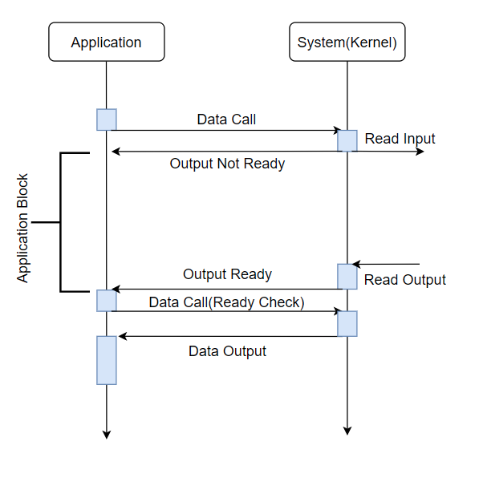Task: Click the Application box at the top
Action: coord(107,42)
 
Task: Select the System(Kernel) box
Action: coord(347,42)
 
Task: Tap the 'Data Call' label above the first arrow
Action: coord(226,119)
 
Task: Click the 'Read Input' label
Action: coord(400,139)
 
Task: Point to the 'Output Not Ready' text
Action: coord(227,164)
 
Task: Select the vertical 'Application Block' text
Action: coord(22,228)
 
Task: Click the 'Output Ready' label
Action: coord(227,274)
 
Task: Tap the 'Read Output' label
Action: coord(405,280)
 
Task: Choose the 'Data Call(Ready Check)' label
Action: coord(227,302)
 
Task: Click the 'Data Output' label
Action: coord(227,351)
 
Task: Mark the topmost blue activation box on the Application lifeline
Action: coord(107,119)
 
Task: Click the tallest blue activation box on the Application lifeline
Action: coord(107,360)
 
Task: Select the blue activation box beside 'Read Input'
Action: coord(347,141)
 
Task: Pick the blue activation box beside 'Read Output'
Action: coord(347,277)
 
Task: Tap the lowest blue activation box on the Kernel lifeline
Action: coord(347,324)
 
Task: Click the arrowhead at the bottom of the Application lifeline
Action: coord(107,435)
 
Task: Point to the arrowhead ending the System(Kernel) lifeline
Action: coord(347,431)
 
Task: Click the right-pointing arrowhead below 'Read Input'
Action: coord(420,152)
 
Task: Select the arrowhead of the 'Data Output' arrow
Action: coord(123,337)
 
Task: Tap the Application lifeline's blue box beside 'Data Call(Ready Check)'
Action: coord(107,301)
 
